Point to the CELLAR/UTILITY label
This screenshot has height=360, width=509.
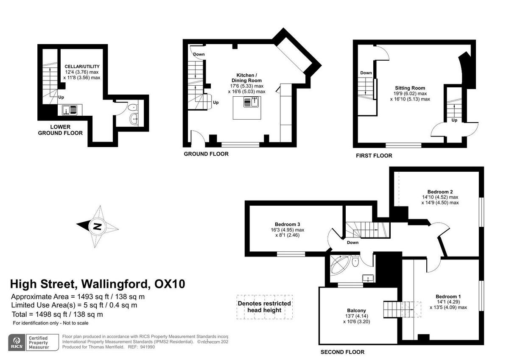[82, 67]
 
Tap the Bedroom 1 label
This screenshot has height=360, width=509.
[448, 296]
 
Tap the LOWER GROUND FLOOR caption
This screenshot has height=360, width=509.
[60, 130]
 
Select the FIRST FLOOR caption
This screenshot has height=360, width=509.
[374, 156]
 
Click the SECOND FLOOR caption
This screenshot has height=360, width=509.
[342, 352]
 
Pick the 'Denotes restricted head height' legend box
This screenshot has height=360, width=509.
[265, 307]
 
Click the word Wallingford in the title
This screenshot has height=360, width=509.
[114, 283]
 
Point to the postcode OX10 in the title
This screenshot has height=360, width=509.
[169, 283]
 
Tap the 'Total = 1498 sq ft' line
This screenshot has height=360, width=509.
[57, 314]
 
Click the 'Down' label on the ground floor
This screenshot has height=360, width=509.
[199, 54]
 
